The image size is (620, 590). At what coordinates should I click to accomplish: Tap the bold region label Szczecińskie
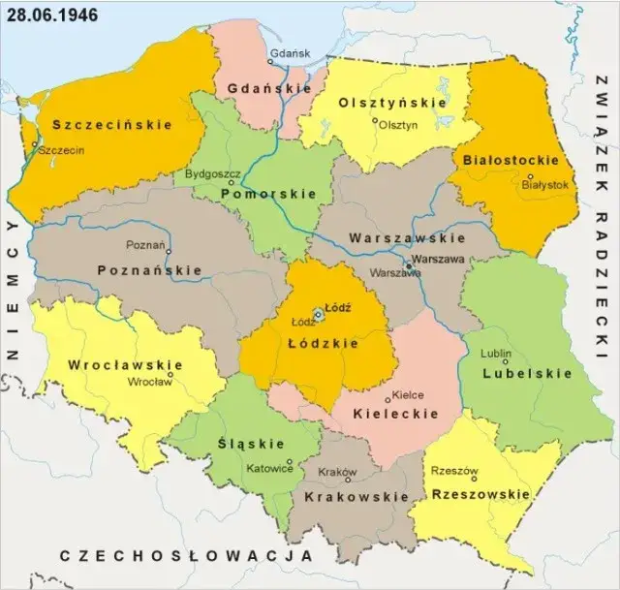(112, 125)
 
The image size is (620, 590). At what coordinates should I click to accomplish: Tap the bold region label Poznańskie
(149, 270)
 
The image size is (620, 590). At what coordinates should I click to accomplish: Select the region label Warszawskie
(407, 237)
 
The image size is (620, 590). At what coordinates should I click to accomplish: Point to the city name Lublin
(497, 354)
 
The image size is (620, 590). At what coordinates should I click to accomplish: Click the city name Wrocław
(149, 382)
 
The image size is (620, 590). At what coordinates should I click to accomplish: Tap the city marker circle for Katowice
(290, 461)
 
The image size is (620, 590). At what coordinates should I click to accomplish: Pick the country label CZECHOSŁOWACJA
(186, 556)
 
